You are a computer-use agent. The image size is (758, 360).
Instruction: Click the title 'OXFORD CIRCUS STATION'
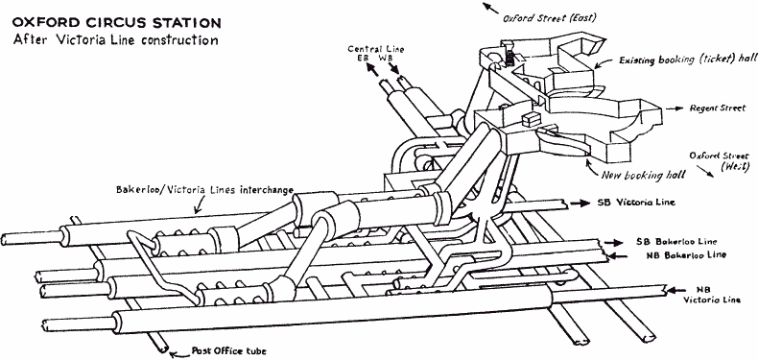tap(117, 23)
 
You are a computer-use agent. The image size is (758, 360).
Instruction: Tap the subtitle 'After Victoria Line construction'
tap(116, 39)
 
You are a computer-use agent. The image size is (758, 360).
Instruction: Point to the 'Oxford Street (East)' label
tap(550, 19)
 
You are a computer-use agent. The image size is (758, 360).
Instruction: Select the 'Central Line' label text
tap(376, 49)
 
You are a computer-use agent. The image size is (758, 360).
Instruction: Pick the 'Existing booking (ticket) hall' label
tap(687, 60)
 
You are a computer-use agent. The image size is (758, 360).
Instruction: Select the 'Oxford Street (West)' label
tap(720, 161)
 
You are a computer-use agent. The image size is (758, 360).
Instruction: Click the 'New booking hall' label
tap(643, 174)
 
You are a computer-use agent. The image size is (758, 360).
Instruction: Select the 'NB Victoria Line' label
tap(712, 295)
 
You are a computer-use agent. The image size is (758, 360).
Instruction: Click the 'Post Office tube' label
tap(228, 350)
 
